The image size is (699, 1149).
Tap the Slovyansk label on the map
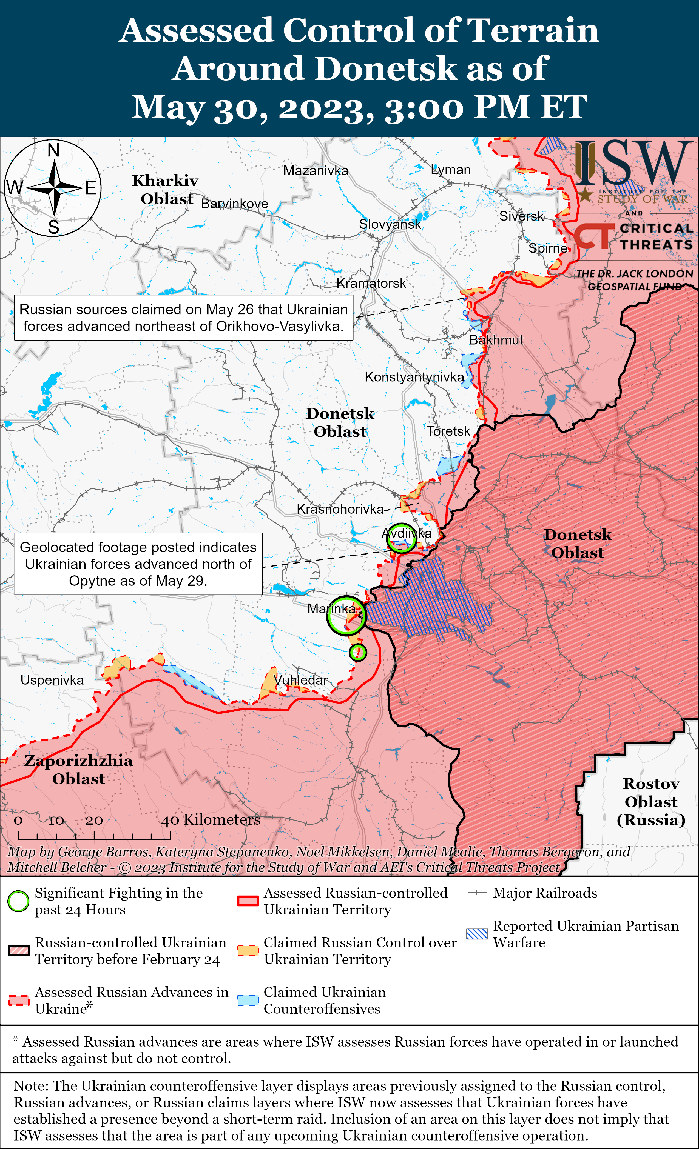(x=390, y=224)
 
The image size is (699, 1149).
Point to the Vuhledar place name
(x=301, y=680)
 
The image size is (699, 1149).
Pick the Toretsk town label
(x=448, y=431)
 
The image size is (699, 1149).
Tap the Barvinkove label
(x=234, y=204)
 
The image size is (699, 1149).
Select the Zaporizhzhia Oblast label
(x=78, y=769)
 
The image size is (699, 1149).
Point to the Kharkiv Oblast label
(x=166, y=189)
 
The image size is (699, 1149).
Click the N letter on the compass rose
(x=54, y=150)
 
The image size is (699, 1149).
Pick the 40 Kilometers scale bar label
(x=211, y=819)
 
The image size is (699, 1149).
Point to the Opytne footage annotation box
(x=138, y=564)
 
